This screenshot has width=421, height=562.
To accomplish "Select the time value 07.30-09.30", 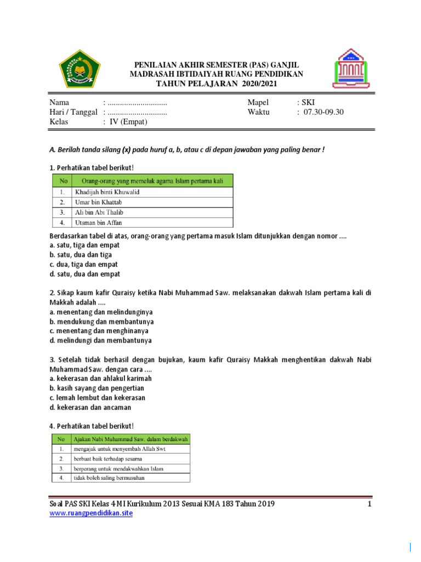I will click(x=323, y=112).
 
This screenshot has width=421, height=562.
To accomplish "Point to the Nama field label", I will click(x=60, y=102).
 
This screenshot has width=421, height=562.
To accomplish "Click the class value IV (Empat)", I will click(x=128, y=122).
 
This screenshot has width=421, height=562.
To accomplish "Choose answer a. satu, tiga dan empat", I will click(x=84, y=245).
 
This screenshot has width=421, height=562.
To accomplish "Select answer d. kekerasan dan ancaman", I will click(x=90, y=407).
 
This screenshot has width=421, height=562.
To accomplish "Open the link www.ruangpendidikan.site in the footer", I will click(x=91, y=513).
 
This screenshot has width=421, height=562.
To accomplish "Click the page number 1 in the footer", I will click(x=370, y=504).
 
